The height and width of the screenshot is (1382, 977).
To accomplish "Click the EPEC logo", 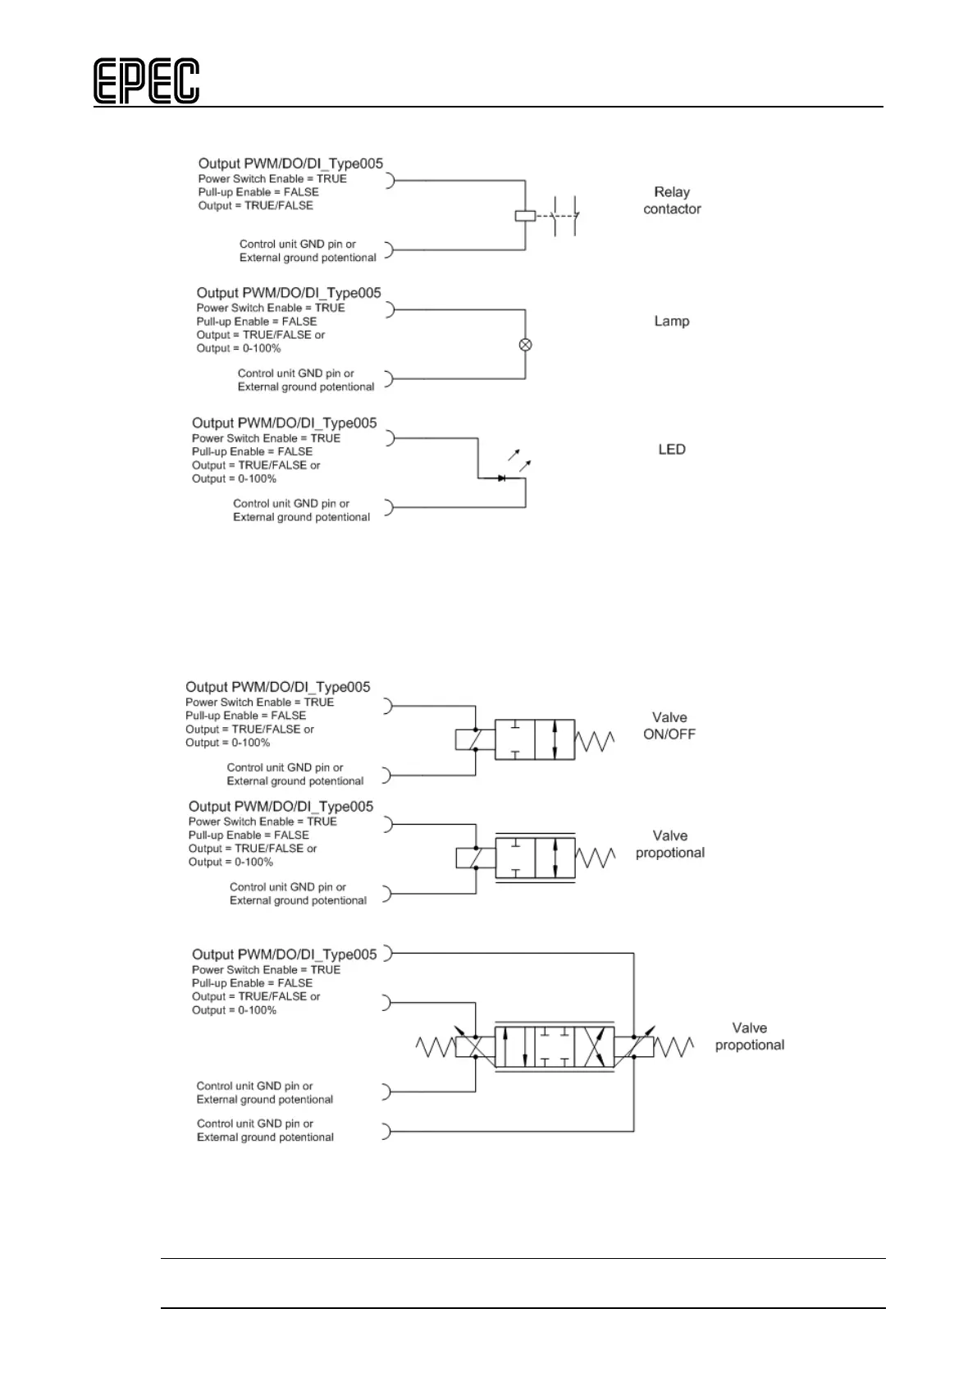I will tap(146, 81).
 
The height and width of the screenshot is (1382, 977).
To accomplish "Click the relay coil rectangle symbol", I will tap(525, 216).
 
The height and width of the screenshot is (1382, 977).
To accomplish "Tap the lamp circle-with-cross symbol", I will tap(526, 345).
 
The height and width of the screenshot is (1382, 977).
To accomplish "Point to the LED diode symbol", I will tap(501, 478).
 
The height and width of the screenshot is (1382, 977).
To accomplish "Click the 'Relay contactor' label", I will tap(672, 200).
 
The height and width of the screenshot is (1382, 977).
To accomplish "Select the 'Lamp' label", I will tap(671, 321).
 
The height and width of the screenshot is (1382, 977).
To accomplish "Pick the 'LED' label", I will tap(671, 449).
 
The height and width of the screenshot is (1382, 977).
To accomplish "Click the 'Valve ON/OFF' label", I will tap(669, 725).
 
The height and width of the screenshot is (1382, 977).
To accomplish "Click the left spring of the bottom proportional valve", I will tap(436, 1046).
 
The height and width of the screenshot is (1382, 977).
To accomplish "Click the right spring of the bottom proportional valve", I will tap(673, 1047).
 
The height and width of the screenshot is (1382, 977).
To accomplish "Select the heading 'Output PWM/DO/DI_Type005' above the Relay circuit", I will tap(290, 163).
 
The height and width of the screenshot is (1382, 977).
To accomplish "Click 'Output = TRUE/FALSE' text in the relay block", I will tap(255, 205).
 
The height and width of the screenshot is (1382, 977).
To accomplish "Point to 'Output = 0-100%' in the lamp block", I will tap(238, 348).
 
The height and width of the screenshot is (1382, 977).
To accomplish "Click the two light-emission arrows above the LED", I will tap(518, 459).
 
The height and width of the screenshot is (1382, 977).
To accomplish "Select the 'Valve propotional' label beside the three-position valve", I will tap(749, 1036).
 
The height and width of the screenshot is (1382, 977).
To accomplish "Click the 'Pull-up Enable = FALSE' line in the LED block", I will tap(252, 451).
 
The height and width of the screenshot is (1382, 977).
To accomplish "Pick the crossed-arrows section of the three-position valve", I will tap(595, 1046).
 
